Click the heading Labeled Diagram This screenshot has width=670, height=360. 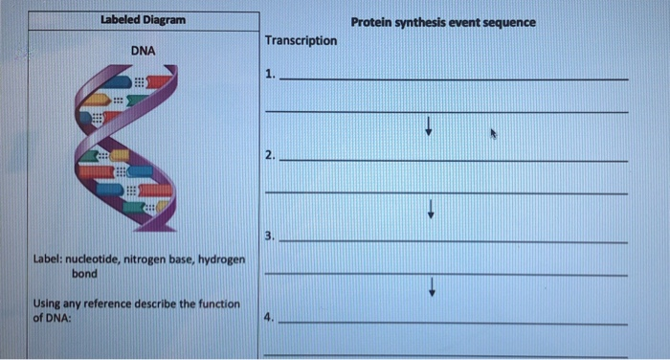(x=144, y=20)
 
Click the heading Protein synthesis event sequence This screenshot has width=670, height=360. (x=443, y=21)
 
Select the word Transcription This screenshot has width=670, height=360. (x=301, y=40)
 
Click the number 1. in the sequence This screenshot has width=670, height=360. (x=272, y=74)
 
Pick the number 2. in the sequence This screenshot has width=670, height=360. (x=272, y=154)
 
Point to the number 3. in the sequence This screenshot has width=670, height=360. (x=272, y=236)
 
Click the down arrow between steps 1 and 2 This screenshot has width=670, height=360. (x=431, y=124)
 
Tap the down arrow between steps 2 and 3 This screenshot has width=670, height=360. (x=433, y=207)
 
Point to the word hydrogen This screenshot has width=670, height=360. (x=221, y=260)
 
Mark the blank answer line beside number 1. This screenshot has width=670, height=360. (x=456, y=79)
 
